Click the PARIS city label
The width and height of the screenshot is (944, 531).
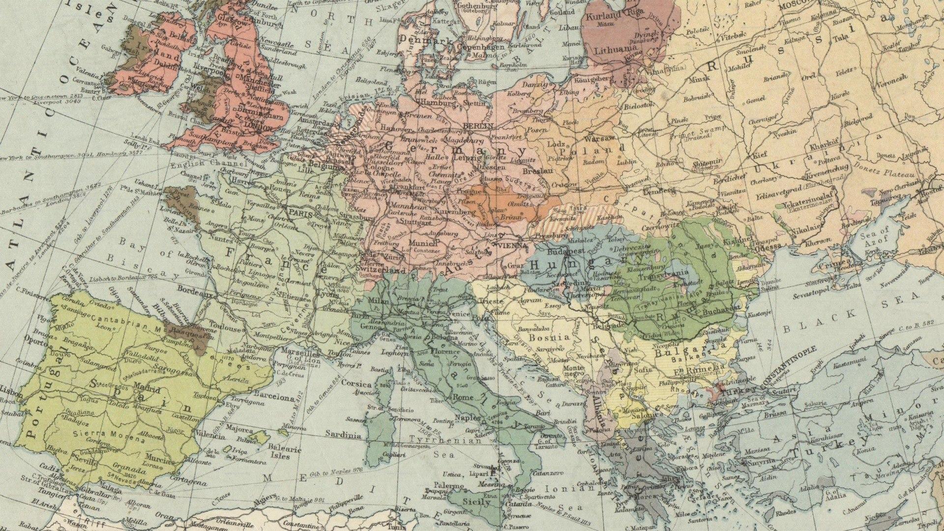(301, 213)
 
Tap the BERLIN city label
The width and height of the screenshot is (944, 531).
(478, 126)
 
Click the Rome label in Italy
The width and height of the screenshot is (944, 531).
(463, 397)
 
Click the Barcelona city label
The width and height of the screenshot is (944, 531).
(274, 397)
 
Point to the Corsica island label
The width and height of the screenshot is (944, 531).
(356, 383)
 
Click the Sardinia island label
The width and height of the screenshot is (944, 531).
(343, 435)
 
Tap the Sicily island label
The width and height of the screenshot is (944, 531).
(476, 502)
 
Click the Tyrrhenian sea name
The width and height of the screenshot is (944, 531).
(439, 440)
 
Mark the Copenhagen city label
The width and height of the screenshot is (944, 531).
(480, 47)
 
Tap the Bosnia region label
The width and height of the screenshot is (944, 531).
(549, 338)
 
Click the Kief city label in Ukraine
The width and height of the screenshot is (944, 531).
(760, 155)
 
